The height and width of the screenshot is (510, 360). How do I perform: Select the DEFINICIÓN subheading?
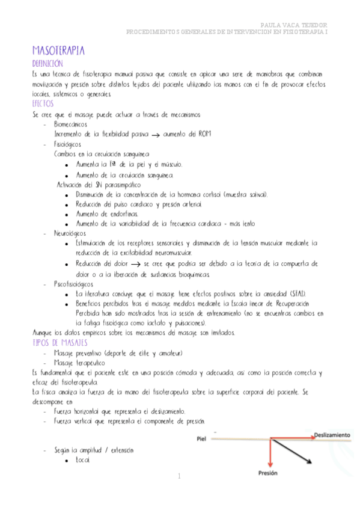[47, 63]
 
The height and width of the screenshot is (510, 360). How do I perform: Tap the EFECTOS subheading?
[43, 104]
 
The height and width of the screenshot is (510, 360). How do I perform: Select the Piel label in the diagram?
[202, 439]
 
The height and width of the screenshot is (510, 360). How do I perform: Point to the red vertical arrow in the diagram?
[271, 452]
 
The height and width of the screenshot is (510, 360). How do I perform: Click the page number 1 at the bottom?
[179, 476]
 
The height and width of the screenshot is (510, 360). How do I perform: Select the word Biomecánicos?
[71, 124]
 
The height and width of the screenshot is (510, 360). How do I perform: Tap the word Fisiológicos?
[67, 144]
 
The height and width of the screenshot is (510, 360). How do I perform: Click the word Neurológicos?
[70, 233]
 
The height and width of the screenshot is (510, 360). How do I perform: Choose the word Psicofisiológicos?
[73, 283]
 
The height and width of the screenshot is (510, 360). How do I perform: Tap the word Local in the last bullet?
[82, 460]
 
